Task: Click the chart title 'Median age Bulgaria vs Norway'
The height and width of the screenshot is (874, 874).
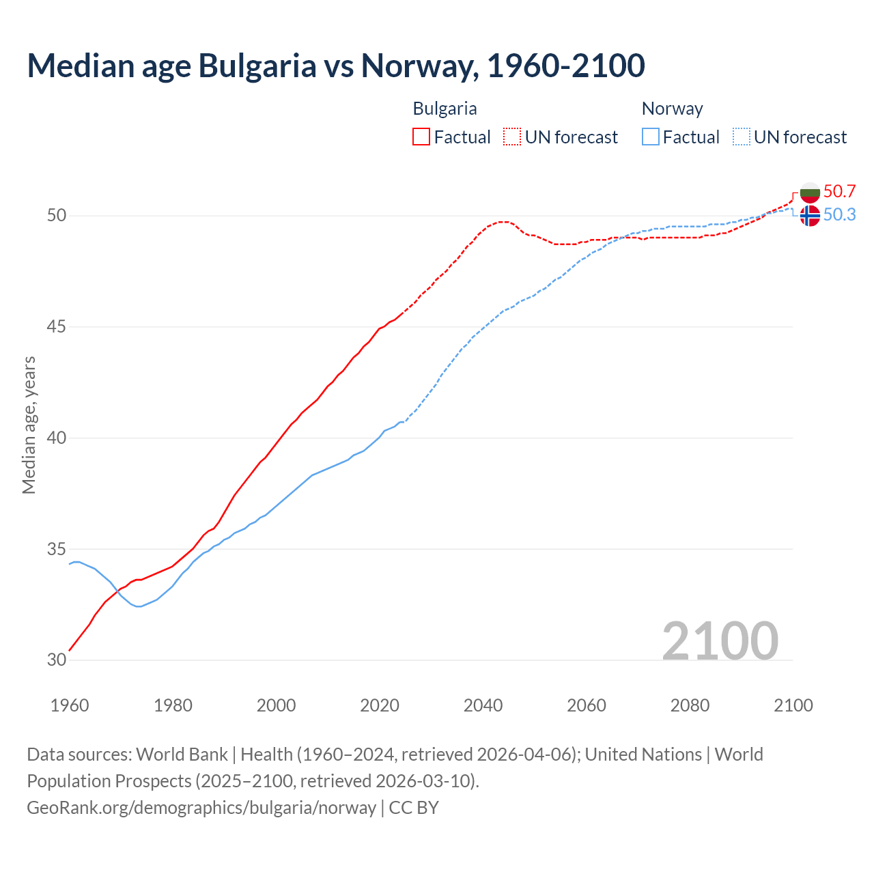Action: click(335, 66)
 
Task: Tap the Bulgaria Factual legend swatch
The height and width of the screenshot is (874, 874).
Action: click(421, 137)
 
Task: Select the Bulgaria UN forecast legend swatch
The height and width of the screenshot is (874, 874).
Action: click(512, 137)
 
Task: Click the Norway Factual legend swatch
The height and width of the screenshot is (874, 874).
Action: click(651, 137)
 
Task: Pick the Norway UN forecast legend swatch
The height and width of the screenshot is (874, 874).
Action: click(741, 137)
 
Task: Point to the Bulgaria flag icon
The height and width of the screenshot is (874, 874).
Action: click(810, 192)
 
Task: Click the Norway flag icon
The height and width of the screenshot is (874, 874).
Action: click(810, 215)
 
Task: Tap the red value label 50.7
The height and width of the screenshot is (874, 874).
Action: click(839, 191)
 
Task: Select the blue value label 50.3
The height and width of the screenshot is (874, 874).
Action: click(839, 214)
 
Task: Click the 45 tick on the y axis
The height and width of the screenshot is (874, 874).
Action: click(57, 326)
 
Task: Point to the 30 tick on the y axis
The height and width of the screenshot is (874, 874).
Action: click(57, 660)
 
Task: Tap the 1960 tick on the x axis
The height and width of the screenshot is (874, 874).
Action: click(70, 705)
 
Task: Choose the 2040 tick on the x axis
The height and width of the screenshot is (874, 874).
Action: click(483, 705)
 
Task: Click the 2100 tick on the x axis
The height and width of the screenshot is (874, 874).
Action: click(793, 705)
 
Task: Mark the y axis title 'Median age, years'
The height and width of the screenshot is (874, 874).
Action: click(29, 425)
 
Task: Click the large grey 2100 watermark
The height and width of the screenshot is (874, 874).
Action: click(720, 640)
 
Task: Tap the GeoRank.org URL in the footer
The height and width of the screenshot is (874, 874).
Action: click(201, 808)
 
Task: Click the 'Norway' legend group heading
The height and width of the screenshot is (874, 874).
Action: click(672, 109)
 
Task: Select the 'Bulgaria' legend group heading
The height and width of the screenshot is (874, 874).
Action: click(445, 109)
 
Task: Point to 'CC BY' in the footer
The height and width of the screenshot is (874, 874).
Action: click(414, 808)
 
